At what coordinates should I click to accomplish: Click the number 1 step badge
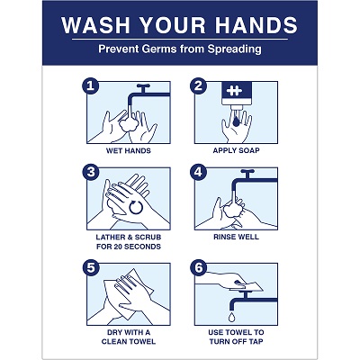click(x=89, y=86)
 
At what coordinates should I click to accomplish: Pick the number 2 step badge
click(x=200, y=86)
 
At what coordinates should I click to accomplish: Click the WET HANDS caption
click(x=128, y=150)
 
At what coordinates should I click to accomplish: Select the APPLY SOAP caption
click(x=237, y=150)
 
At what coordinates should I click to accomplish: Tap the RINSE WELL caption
click(x=237, y=237)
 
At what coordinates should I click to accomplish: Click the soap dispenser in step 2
click(x=236, y=94)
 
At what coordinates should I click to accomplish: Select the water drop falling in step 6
click(x=231, y=318)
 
